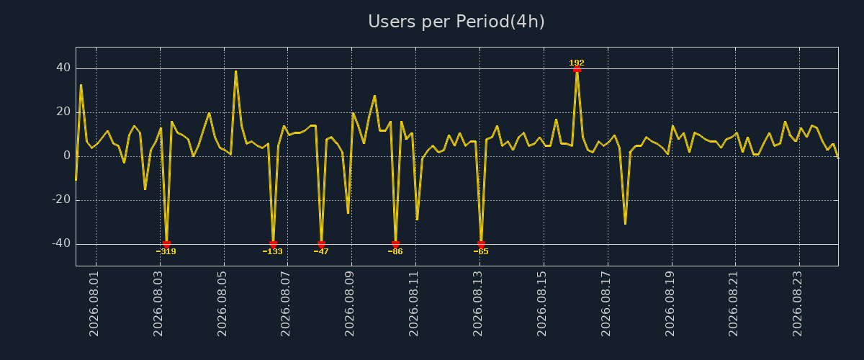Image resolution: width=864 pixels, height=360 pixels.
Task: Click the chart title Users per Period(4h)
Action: (456, 22)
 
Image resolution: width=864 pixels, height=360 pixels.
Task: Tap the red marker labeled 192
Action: (577, 69)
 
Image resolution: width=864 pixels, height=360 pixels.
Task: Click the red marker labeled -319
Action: (166, 244)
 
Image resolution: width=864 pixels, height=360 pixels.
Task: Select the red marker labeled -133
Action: (273, 244)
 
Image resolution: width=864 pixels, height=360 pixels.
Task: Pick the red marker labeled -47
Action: (321, 244)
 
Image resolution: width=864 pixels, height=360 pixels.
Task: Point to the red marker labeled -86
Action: (395, 244)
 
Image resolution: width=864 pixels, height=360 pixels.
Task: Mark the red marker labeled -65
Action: (481, 244)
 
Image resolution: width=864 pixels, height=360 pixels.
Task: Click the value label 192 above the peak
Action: (577, 63)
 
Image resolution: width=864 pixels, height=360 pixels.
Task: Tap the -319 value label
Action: (166, 251)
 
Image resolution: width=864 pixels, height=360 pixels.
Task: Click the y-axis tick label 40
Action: (63, 68)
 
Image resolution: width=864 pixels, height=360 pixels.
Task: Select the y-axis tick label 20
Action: (63, 112)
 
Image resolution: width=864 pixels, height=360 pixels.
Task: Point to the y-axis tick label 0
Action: (67, 156)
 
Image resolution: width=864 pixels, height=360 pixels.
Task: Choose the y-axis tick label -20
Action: (61, 199)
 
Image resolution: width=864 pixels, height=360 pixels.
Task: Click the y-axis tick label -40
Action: (61, 243)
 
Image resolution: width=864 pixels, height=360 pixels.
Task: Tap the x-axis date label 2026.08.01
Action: (94, 304)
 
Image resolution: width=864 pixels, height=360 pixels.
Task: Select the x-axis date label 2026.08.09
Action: (349, 304)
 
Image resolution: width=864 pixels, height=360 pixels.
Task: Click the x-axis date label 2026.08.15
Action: (541, 304)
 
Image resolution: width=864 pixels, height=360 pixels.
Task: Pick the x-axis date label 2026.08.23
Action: (797, 304)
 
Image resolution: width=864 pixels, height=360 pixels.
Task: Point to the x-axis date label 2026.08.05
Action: (222, 304)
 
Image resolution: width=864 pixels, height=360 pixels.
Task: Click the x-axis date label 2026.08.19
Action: (670, 304)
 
